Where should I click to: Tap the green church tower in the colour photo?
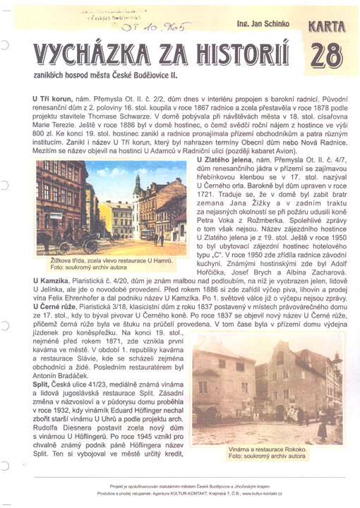point(137,191)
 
